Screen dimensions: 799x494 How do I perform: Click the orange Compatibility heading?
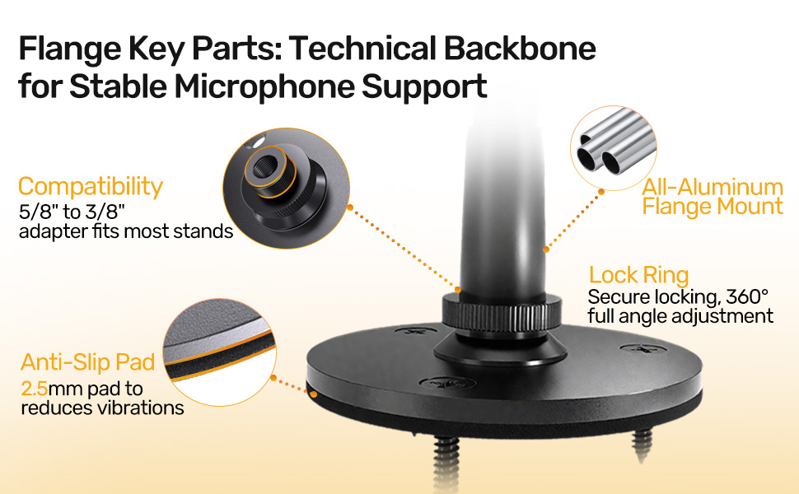(91, 186)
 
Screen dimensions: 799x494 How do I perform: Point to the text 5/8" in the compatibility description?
(37, 211)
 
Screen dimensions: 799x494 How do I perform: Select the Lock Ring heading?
(638, 275)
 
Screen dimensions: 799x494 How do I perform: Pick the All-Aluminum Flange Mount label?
(713, 196)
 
